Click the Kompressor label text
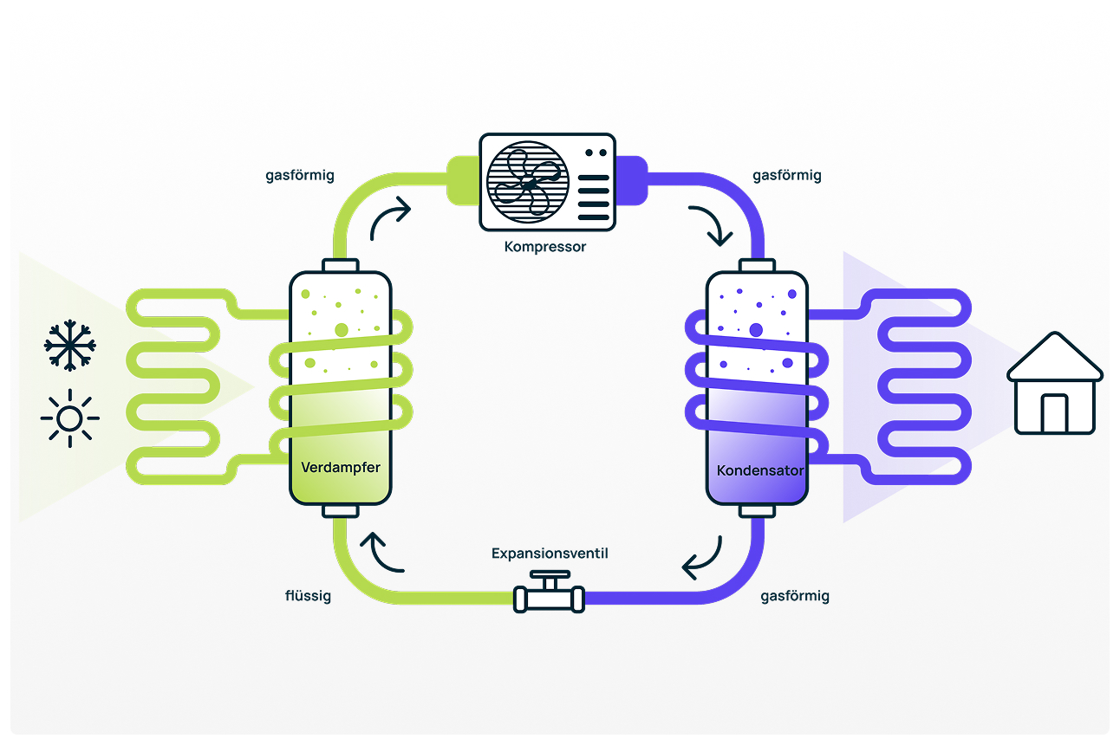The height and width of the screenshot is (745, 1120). coord(545,247)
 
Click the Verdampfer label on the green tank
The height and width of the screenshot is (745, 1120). coord(341,468)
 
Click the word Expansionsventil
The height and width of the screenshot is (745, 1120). coord(550,553)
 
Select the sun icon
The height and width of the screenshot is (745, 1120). coord(69,419)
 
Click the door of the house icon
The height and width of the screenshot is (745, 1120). coord(1054,413)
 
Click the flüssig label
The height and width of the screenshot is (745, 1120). coord(308,596)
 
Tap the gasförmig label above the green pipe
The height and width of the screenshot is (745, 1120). coord(300,175)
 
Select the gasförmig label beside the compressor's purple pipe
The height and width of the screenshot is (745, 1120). coord(787,175)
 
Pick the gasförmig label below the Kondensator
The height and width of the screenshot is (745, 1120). coord(795,596)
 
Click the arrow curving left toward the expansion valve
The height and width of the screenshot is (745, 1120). coord(702,560)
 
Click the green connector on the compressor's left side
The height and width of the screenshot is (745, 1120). coord(462,180)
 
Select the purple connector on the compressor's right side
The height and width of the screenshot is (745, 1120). coord(632,180)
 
